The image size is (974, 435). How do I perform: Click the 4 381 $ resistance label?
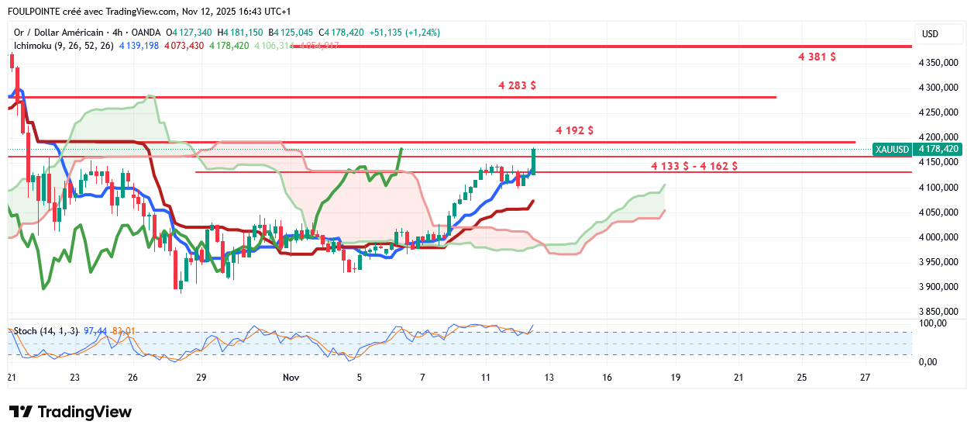(817, 57)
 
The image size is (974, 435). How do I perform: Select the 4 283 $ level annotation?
(517, 85)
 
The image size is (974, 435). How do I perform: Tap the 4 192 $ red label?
(574, 130)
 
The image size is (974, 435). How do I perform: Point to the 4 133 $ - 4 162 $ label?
(694, 166)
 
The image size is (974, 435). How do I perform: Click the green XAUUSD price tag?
(891, 149)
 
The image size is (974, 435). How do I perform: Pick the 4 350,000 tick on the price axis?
(938, 62)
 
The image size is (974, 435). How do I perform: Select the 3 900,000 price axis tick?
(938, 287)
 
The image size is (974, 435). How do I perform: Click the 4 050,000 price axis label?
(938, 212)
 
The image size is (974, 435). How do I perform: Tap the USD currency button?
(929, 34)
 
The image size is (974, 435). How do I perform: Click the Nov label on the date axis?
(291, 378)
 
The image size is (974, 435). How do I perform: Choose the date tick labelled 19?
(675, 378)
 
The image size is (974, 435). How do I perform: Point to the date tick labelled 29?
(201, 378)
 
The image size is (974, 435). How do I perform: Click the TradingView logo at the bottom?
(71, 412)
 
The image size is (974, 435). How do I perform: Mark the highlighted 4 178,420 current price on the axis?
(938, 149)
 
